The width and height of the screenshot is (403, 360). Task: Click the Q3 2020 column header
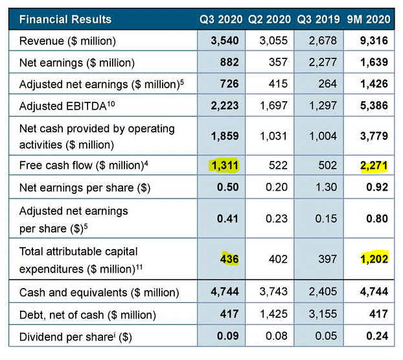(221, 19)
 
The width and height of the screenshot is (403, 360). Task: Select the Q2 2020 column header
(270, 19)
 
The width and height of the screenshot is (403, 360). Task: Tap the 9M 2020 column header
(367, 19)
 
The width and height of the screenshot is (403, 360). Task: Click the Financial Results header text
(65, 19)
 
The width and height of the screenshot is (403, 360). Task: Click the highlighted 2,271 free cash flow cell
(374, 166)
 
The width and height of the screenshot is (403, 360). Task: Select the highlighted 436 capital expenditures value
(229, 259)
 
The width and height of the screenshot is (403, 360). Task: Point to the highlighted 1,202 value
(374, 259)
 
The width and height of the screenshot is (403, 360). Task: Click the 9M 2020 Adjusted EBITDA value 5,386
(374, 106)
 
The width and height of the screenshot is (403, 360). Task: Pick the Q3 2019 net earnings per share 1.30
(327, 188)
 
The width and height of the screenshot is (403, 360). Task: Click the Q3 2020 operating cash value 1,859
(225, 136)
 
